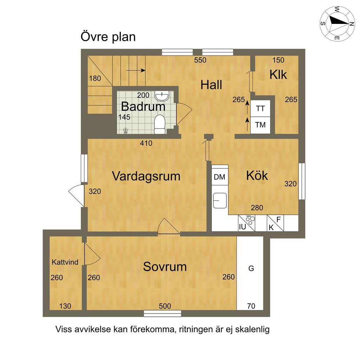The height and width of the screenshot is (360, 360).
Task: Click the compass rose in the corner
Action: coord(337,24)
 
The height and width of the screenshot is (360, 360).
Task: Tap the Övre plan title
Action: coord(108,37)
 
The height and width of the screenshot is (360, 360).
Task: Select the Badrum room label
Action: coord(143,106)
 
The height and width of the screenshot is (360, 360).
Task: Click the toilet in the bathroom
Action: coord(160,124)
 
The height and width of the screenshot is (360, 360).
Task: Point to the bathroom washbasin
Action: coord(162,96)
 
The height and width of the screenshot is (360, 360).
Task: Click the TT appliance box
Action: coord(260,108)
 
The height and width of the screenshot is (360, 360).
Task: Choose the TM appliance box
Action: coord(260,125)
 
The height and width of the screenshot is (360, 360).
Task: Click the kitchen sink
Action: coord(220,200)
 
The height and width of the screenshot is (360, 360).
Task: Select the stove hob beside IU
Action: coord(250,220)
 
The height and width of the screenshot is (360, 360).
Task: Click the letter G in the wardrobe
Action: coord(251,268)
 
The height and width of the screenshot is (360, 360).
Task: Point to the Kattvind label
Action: coord(65,262)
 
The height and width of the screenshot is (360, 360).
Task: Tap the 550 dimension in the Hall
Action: coord(200,60)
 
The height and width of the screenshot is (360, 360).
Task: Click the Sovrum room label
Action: coord(165,267)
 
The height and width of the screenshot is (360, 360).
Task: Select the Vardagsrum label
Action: coord(146,176)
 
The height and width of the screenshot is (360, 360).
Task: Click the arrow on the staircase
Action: coord(136,70)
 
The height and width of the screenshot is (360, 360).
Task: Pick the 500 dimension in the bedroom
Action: coord(165,306)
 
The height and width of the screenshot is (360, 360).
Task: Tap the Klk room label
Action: coord(278,75)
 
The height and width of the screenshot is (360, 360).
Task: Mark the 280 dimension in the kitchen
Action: coord(257,208)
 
